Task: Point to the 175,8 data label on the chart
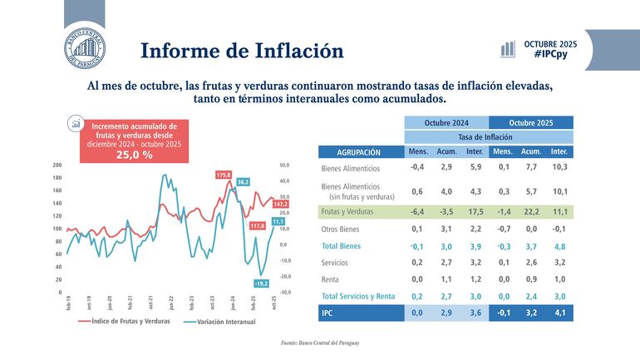point(224,175)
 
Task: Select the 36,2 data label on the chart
point(244,181)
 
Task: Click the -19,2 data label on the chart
point(261,284)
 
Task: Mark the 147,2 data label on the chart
point(280,204)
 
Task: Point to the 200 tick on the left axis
point(57,165)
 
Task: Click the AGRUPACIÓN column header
point(359,152)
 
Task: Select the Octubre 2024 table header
point(446,122)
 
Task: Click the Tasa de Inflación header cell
point(489,137)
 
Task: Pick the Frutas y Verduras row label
point(348,212)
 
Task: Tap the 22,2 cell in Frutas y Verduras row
point(530,212)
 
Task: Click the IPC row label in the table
point(328,313)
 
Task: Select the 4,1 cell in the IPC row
point(559,313)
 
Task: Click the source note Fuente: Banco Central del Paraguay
point(320,343)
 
